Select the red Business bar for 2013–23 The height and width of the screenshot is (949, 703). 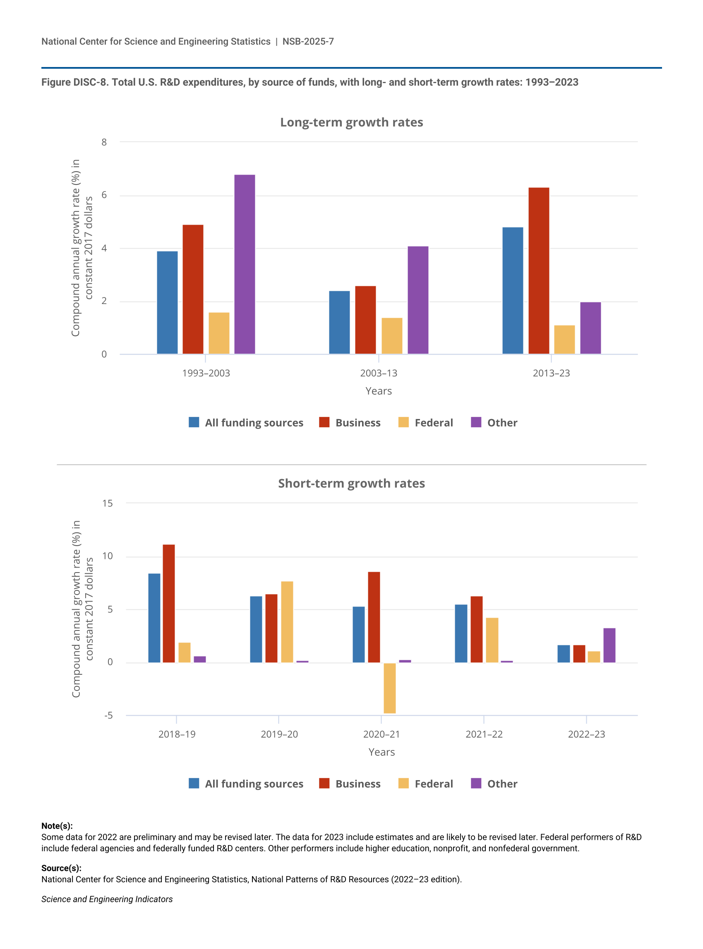539,271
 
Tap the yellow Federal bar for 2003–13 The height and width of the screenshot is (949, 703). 392,336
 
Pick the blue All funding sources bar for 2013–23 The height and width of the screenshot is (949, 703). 513,290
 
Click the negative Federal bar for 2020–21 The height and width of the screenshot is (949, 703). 389,688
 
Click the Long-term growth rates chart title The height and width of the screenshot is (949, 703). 352,122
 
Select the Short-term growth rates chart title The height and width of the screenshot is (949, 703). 352,483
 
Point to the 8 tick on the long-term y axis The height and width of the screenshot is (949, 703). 104,142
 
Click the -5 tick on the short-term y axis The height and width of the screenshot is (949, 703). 108,715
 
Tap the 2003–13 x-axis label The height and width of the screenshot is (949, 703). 378,373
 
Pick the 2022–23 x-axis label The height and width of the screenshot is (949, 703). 586,734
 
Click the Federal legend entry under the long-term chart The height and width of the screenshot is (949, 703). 426,422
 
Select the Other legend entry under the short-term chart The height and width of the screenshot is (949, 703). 494,784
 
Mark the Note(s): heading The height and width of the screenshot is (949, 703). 57,826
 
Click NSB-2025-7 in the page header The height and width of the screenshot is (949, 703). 308,41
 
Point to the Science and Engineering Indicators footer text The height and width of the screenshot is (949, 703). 107,899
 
